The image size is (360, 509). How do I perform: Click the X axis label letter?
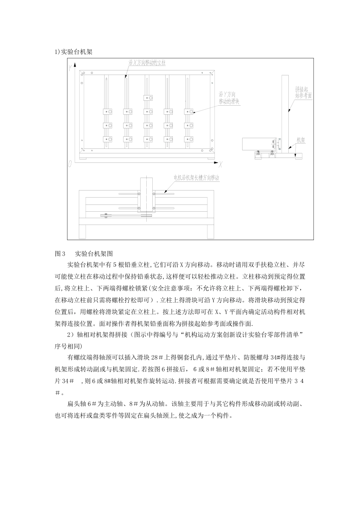coord(220,164)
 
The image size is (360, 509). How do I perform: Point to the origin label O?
coord(70,164)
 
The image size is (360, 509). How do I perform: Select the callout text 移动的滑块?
coord(229,102)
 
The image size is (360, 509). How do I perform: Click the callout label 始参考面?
coord(304,96)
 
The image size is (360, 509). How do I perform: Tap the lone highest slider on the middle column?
coord(148,98)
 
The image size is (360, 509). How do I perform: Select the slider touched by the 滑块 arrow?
coord(189,112)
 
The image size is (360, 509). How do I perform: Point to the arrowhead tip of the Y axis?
coord(75,65)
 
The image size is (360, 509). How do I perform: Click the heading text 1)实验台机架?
coord(74,52)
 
